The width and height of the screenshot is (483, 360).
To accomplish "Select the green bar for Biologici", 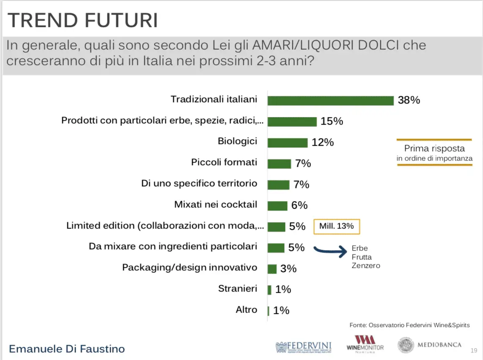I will (288, 142).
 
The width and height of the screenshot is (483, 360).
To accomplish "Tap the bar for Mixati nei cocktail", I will (277, 205).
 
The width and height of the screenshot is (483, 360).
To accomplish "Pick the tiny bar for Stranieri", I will (269, 290).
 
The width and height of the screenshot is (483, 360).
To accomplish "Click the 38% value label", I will (409, 101).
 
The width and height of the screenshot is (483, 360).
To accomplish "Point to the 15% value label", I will (332, 121).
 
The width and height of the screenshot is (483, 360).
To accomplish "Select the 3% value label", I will (288, 269).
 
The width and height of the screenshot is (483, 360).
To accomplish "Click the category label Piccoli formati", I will (224, 163).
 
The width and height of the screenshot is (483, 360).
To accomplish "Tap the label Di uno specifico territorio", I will (199, 184).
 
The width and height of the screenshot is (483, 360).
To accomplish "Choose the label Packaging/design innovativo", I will (189, 268).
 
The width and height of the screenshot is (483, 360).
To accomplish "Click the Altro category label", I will (246, 310).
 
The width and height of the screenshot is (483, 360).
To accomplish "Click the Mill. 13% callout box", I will (336, 226).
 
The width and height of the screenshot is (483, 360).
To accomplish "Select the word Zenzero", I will (366, 266).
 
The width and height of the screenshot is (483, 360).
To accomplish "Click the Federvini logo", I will (304, 346).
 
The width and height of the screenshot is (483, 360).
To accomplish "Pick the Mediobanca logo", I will (430, 345).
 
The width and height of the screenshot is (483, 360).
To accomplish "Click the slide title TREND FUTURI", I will (83, 20).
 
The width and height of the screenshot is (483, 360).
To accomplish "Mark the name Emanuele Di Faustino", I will (67, 349).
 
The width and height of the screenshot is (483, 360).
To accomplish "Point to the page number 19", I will (474, 351).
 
